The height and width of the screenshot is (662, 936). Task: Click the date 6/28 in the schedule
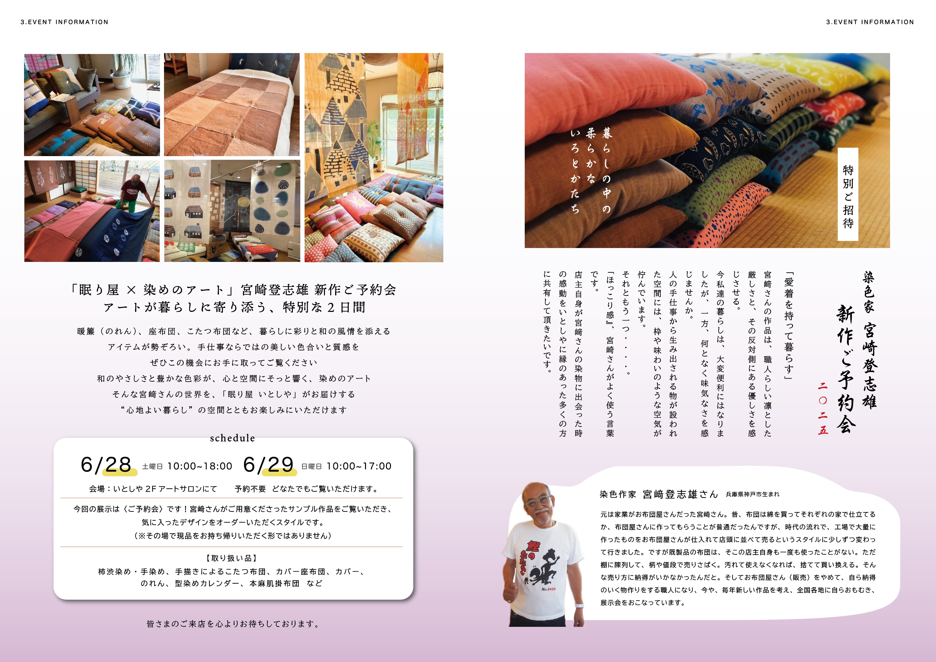coord(106,465)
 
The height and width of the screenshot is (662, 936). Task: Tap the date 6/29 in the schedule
coord(268,465)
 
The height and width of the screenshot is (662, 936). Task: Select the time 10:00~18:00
coord(200,466)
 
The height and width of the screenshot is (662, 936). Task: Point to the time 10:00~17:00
coord(359,466)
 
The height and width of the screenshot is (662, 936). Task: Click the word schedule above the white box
coord(232,438)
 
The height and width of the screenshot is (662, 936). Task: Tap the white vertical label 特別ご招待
coord(848,195)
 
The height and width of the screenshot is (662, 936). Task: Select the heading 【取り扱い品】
coord(232,558)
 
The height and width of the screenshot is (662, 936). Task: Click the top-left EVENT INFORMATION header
coord(64,22)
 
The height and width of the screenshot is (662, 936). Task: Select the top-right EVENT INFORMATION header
coord(870,22)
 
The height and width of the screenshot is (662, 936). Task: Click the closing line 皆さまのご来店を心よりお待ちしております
coord(233,624)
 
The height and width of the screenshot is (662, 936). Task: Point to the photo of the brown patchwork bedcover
coord(232,104)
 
